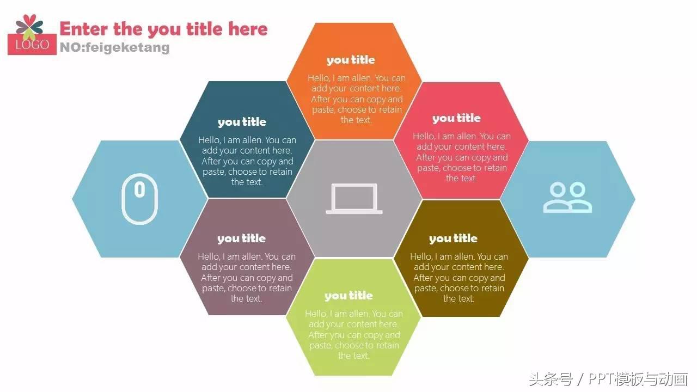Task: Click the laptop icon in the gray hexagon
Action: pos(354,199)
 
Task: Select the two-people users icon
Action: pos(567,197)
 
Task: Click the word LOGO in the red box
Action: pos(32,45)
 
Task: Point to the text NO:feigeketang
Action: pos(115,47)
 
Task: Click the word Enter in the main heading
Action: pos(84,29)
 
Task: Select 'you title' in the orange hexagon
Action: pos(351,59)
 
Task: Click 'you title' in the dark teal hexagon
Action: pos(242,121)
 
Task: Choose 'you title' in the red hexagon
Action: pos(456,118)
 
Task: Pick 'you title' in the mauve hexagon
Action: pos(241,238)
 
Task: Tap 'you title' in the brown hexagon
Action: pos(453,238)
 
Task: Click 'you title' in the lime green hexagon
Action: pos(348,296)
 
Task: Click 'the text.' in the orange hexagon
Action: pos(356,120)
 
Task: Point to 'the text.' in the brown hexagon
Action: pos(458,298)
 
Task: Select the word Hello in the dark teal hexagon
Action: pos(209,140)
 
